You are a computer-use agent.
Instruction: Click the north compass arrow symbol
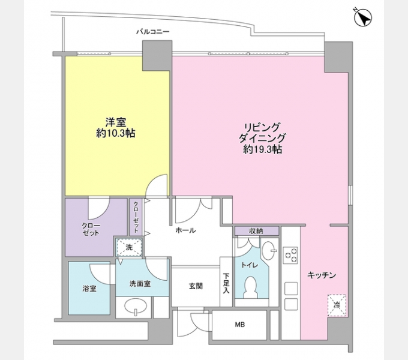coord(363,17)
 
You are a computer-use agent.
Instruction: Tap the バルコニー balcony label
coord(153,32)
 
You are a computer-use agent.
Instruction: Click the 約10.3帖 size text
coord(116,133)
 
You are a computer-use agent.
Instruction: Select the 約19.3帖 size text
coord(263,149)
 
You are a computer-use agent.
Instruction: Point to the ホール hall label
coord(185,230)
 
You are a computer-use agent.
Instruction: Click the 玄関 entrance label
coord(196,286)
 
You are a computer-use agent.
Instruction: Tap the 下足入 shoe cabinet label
coord(226,283)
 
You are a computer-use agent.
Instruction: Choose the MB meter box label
coord(239,325)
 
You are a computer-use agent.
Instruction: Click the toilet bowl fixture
coord(251,287)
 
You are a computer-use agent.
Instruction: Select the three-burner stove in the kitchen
coord(290,255)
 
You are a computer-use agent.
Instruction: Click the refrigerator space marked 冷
coord(337,305)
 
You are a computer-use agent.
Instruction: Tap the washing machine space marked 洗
coord(129,247)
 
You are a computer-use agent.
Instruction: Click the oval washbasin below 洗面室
coord(135,307)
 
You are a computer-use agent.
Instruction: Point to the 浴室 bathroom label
coord(89,288)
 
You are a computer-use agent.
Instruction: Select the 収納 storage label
coord(256,231)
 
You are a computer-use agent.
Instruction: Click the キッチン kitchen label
coord(322,275)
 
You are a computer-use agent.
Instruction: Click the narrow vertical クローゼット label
coord(136,217)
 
